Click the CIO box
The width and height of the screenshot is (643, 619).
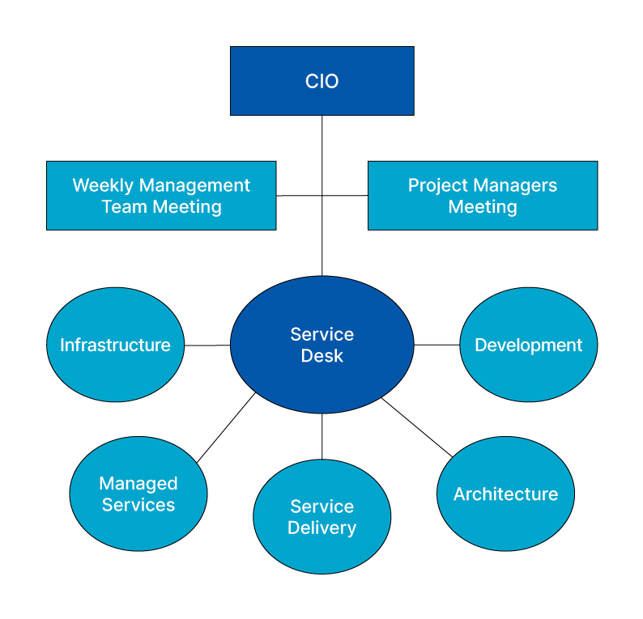coord(321,81)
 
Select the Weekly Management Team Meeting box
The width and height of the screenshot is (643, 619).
coord(161,196)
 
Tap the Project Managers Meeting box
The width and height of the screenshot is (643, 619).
coord(482,196)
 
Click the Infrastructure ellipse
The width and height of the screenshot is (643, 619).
coord(115,345)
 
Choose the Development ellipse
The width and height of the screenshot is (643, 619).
coord(528,345)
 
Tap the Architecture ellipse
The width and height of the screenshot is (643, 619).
coord(505,494)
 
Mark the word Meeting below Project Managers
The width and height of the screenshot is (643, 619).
coord(483,207)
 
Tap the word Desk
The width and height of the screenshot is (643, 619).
coord(321,356)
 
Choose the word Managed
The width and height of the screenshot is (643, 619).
coord(138,484)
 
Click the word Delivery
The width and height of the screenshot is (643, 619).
coord(321,528)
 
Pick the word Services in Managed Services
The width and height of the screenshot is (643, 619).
coord(138,505)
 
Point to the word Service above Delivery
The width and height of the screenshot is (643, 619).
coord(321,507)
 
